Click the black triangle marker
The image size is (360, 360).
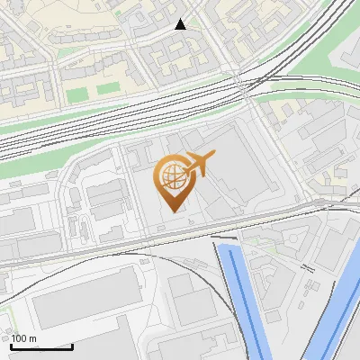click(180, 24)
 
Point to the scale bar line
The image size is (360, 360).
click(41, 346)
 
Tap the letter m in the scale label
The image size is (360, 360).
click(32, 338)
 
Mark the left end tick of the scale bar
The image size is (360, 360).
click(11, 345)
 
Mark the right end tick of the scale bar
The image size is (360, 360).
click(72, 345)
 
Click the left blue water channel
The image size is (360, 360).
click(241, 297)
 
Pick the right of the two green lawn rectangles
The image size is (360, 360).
click(108, 89)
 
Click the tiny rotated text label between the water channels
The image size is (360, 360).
click(308, 267)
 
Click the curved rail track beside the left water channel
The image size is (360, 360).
click(216, 279)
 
